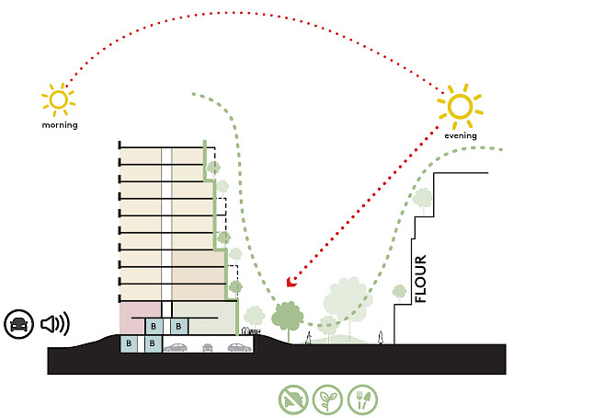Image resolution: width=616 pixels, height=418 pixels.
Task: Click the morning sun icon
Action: coord(58,99)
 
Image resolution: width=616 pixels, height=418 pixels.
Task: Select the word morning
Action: coord(59,124)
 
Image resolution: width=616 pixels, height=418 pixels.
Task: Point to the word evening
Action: coord(461,135)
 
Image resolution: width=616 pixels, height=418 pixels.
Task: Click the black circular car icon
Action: coord(17,323)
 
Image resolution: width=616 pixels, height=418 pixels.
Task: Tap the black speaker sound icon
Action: coord(54,323)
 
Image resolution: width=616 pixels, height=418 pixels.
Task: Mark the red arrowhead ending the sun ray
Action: coord(291,281)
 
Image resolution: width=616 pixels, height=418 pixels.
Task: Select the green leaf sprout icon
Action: coord(328,398)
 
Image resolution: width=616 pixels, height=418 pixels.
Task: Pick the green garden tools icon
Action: coord(362,398)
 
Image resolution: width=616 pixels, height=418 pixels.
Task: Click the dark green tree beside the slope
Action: coord(289,316)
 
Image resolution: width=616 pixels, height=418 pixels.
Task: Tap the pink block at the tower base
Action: coord(140,318)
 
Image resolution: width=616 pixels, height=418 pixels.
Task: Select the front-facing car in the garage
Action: coord(209,347)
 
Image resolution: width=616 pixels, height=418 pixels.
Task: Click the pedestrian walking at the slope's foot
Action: coord(308,337)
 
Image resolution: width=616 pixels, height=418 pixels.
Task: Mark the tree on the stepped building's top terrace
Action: coord(422,197)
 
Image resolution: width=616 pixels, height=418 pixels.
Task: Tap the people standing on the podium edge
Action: coord(246,330)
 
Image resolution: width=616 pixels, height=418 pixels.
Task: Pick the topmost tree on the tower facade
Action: coord(213,168)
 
